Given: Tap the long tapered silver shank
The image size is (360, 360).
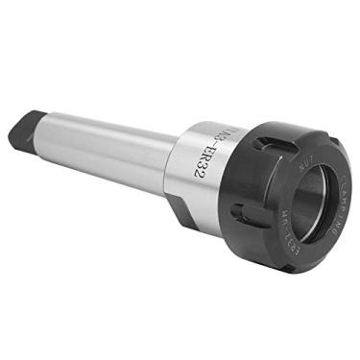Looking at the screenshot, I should pos(106,144).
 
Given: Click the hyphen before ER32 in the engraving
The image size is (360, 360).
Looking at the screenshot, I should pos(217,137).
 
